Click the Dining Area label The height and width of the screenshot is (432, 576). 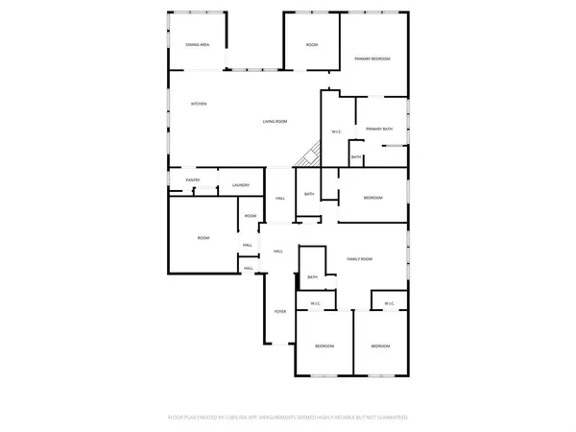(x=198, y=45)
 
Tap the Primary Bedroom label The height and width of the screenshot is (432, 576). (x=372, y=60)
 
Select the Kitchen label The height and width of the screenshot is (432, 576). (x=200, y=104)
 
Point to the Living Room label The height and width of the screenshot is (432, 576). (x=276, y=121)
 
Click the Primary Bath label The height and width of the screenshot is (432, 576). (x=378, y=129)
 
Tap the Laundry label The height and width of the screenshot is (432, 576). (x=241, y=185)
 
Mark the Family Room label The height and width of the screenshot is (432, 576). (x=359, y=259)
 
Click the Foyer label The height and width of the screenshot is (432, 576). (x=280, y=312)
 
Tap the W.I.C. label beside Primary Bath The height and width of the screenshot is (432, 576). (x=337, y=132)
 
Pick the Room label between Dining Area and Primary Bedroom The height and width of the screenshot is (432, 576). (x=311, y=45)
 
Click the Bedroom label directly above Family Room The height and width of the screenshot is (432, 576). (x=372, y=198)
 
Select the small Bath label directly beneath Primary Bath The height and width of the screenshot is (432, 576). (x=356, y=157)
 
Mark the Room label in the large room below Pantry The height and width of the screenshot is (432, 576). (x=204, y=238)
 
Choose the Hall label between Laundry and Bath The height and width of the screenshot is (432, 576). (x=280, y=199)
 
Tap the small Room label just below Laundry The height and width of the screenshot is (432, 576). (x=250, y=216)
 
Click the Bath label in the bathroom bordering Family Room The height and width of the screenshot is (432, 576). (x=312, y=277)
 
